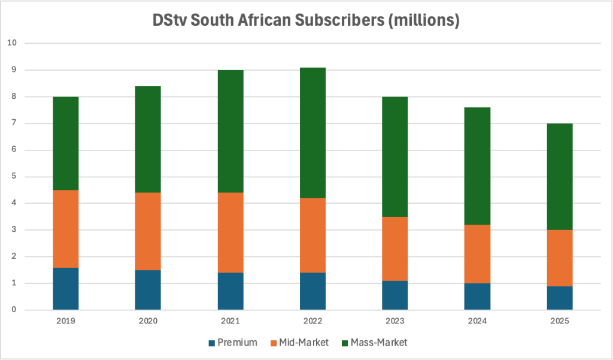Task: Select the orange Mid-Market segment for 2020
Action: pyautogui.click(x=147, y=231)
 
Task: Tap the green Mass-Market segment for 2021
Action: pyautogui.click(x=230, y=131)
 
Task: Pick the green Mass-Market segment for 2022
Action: pyautogui.click(x=312, y=132)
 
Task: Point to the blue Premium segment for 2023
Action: pyautogui.click(x=394, y=295)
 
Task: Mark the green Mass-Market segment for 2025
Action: pyautogui.click(x=559, y=177)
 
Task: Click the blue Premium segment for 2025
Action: pyautogui.click(x=559, y=298)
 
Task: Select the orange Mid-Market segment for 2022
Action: pyautogui.click(x=312, y=235)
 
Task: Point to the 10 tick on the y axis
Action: pyautogui.click(x=13, y=44)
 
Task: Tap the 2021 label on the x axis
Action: pyautogui.click(x=230, y=321)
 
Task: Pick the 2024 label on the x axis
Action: pyautogui.click(x=477, y=321)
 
